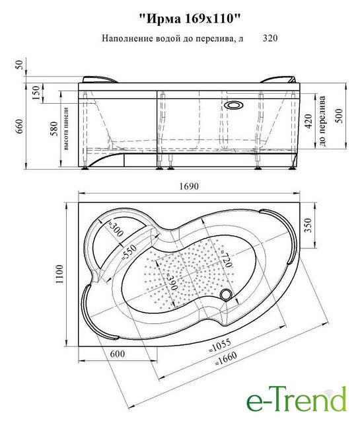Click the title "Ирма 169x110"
190,20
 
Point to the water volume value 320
270,38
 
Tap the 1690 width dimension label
189,186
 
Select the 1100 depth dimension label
59,274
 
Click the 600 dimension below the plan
118,354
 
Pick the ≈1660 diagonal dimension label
225,358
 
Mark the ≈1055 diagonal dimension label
220,345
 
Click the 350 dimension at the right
308,225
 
